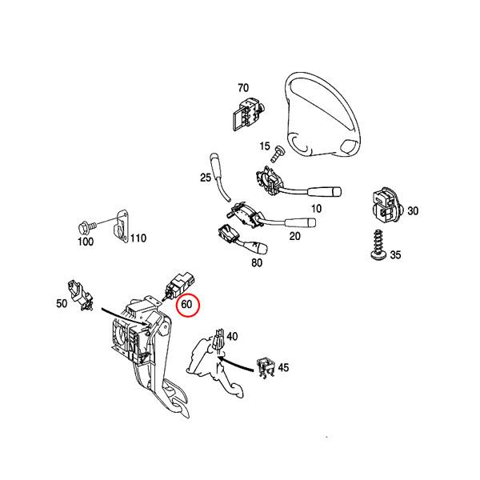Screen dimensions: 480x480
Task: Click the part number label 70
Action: [x=243, y=87]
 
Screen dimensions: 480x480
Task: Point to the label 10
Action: [x=317, y=208]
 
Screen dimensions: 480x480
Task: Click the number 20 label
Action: [x=294, y=236]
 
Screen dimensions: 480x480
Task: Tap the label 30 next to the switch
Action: [x=412, y=210]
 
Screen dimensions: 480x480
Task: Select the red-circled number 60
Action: [x=190, y=304]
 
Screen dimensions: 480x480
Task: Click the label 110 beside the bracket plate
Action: [x=138, y=238]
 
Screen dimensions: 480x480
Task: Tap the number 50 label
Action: [x=61, y=303]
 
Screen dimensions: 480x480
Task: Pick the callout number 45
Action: [x=282, y=368]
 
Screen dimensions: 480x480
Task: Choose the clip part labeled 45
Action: [x=264, y=366]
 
